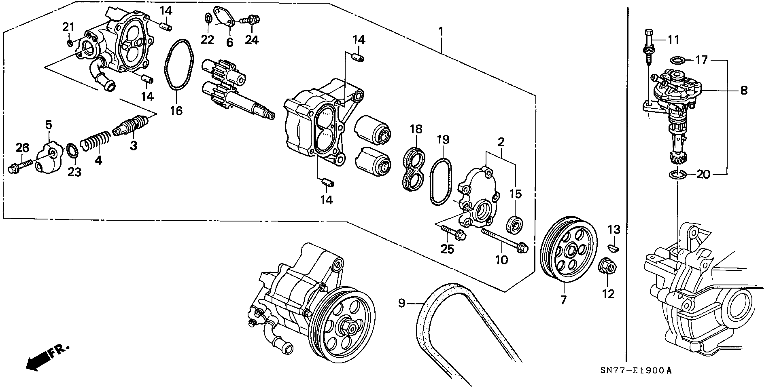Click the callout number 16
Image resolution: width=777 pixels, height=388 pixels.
pos(176,111)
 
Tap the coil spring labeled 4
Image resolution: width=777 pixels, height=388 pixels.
pos(95,142)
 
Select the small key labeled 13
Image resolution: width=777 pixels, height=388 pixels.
pos(614,247)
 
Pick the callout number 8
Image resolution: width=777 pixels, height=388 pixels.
pos(744,91)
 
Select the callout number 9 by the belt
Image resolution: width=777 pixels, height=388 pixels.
pos(401,304)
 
